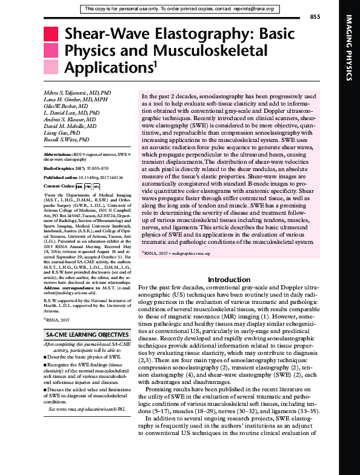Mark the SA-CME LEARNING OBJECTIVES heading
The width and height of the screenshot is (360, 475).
(82, 335)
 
